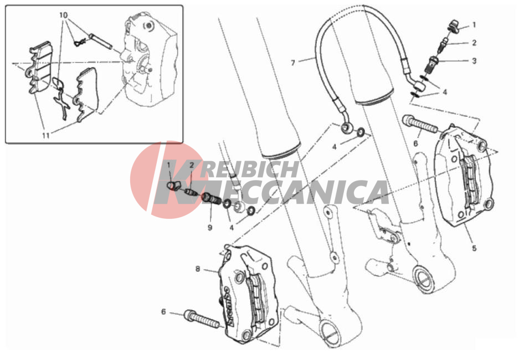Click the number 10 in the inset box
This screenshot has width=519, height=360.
tap(64, 15)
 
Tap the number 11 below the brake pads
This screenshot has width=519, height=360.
tap(46, 135)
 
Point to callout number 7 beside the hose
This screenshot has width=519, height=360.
tap(293, 63)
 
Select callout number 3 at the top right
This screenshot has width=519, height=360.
tap(474, 61)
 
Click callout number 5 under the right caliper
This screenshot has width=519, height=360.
tap(474, 248)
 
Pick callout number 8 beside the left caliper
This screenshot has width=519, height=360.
tap(198, 269)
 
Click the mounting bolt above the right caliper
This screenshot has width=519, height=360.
tap(420, 125)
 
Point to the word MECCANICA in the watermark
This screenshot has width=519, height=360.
tap(271, 192)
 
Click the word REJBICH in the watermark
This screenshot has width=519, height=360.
tap(250, 169)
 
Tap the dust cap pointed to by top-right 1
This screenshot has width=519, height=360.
tap(454, 26)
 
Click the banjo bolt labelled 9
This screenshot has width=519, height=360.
tap(210, 199)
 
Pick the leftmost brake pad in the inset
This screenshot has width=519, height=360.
tap(39, 68)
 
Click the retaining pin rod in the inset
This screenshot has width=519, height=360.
tap(100, 41)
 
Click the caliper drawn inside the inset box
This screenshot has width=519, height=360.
tap(149, 59)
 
